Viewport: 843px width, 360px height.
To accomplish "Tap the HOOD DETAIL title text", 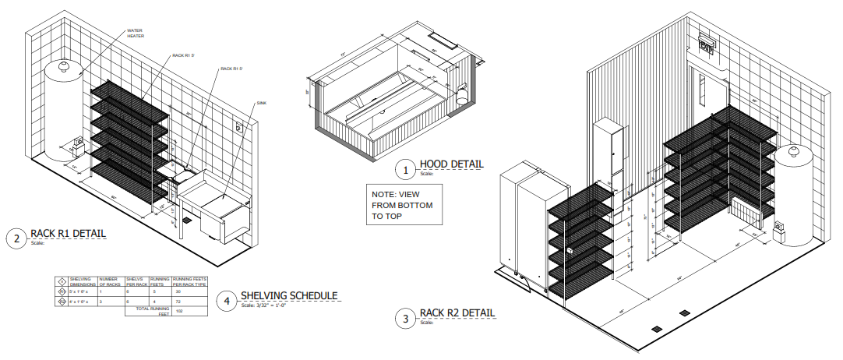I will click(451, 164).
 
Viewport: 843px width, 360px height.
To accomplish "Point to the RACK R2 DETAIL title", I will click(457, 313).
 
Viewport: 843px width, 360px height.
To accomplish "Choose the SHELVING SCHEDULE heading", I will click(288, 295).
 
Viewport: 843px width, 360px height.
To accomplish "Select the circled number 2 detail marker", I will click(16, 238).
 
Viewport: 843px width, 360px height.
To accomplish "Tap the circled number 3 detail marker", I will click(404, 318).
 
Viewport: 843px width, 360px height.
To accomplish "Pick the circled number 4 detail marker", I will click(226, 300).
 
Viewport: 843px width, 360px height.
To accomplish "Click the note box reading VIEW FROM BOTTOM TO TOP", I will click(404, 205).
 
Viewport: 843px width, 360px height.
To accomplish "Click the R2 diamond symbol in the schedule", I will click(60, 299).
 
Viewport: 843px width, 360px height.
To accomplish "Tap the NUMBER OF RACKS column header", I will click(108, 281).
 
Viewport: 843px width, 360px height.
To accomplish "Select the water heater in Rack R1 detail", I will click(63, 109).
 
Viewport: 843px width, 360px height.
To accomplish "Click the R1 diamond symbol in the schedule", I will click(60, 290).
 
